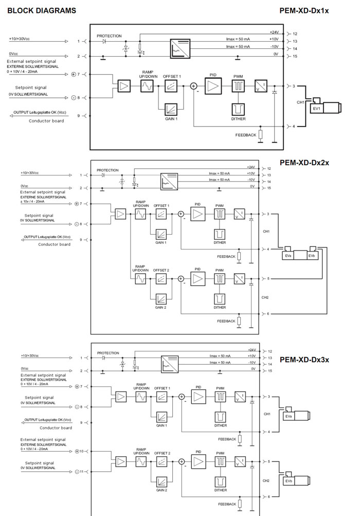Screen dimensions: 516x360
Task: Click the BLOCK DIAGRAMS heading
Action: tap(42, 10)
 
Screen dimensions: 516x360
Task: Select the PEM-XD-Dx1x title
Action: tap(304, 10)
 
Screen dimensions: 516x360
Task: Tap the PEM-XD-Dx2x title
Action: tap(304, 163)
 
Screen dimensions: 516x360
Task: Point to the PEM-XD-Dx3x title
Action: tap(304, 359)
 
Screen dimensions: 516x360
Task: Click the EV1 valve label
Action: tap(316, 109)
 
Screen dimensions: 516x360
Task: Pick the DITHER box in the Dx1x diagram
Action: tap(238, 109)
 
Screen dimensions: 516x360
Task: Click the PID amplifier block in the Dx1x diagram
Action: tap(212, 86)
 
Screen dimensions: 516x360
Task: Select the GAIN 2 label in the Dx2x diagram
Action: tap(161, 307)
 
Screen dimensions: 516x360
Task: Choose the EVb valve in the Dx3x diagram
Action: tap(289, 481)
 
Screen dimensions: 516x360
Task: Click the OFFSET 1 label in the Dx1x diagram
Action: tap(172, 76)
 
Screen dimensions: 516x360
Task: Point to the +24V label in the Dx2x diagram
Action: tap(251, 168)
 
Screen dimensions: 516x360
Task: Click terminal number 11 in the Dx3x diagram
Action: tap(81, 471)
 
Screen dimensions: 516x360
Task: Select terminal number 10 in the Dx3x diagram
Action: tap(81, 451)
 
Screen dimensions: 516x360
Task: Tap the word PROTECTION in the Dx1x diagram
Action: tap(109, 36)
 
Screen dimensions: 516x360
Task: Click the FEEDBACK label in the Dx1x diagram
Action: tap(245, 135)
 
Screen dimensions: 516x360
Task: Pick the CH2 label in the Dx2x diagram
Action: tap(265, 297)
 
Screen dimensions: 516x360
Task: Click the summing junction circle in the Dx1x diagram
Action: tap(193, 86)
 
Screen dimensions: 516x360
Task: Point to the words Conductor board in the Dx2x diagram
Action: tap(54, 244)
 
